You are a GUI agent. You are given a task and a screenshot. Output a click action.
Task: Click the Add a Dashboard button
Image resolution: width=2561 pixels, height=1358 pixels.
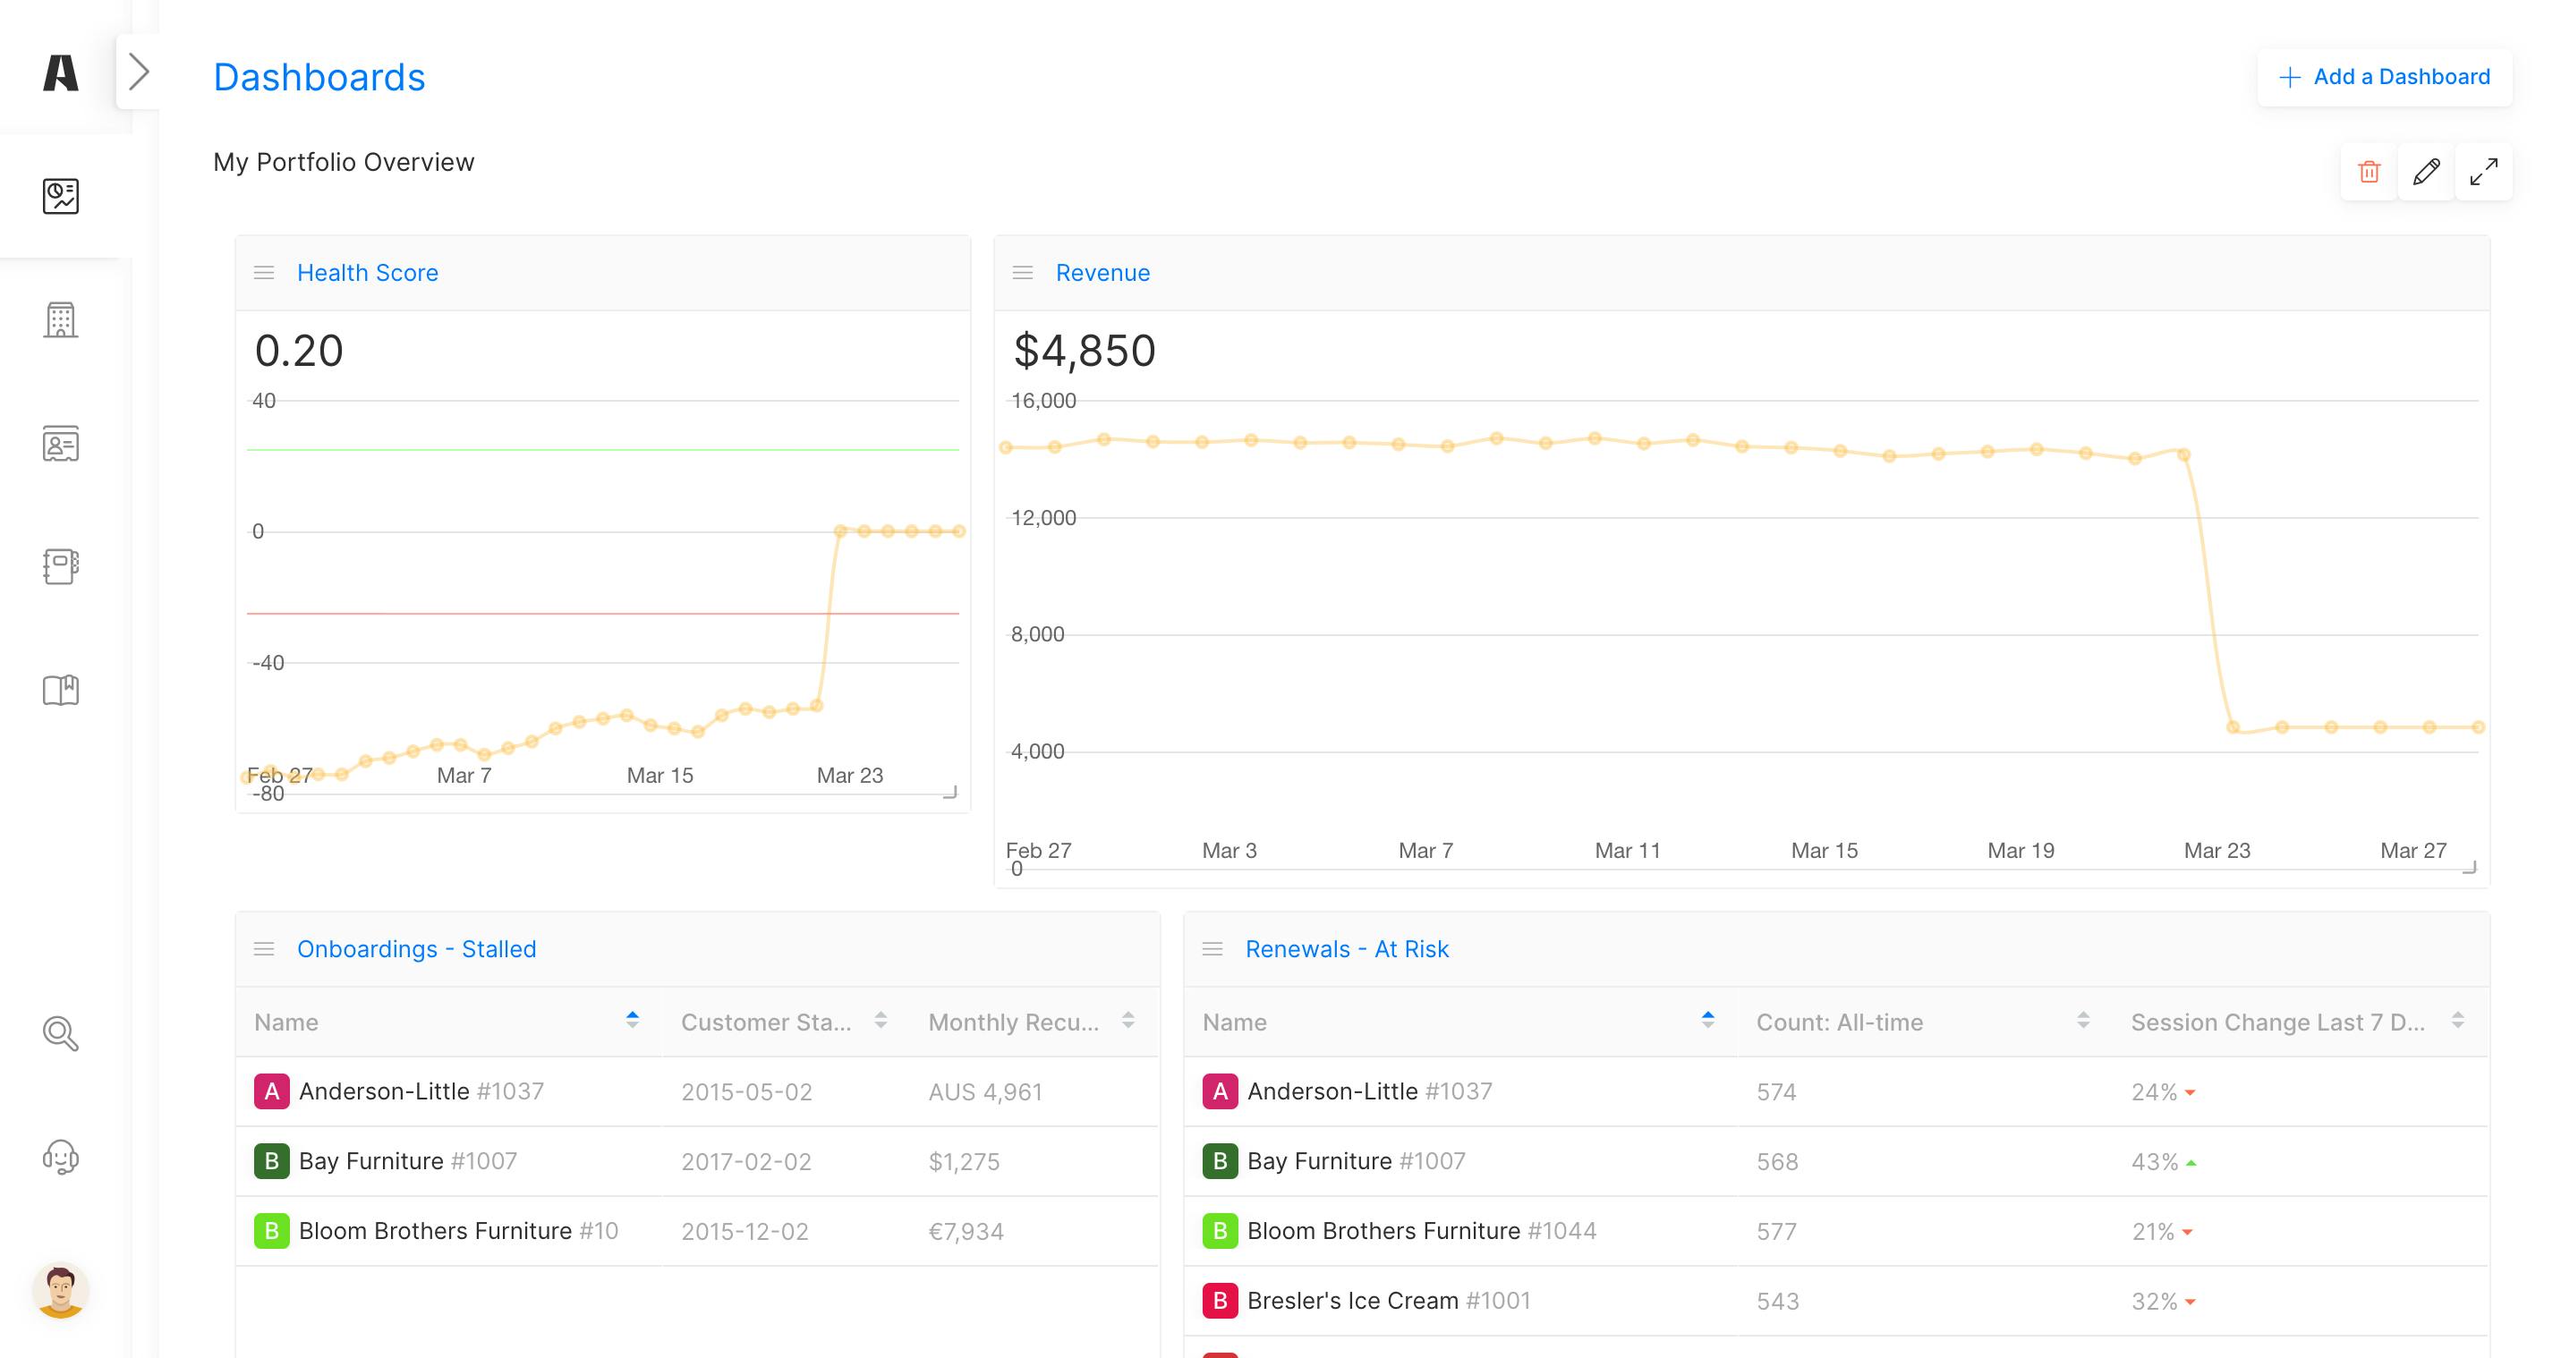[2384, 77]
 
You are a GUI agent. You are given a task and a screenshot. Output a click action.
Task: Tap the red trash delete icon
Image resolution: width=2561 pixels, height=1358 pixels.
[2370, 172]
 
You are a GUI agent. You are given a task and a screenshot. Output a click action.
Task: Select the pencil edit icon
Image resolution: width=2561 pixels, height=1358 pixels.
[2426, 172]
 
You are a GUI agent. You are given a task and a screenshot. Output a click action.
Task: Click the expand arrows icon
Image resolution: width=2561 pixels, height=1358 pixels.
[2483, 172]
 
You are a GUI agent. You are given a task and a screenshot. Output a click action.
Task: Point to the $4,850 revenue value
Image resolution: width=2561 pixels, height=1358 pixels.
[1085, 350]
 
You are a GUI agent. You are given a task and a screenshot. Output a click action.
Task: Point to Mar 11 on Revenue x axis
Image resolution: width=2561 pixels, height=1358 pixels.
[1628, 850]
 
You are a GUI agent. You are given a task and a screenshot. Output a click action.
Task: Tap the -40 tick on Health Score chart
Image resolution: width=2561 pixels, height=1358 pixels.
[268, 662]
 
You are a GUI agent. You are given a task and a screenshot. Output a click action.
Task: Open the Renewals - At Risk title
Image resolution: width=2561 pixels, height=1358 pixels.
[1347, 948]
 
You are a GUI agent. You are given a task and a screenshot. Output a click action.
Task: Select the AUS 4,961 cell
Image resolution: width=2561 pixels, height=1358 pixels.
[985, 1091]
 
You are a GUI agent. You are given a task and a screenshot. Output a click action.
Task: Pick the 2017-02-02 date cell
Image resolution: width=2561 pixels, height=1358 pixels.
[746, 1161]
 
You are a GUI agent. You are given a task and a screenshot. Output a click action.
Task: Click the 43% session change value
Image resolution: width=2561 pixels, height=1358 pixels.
[2155, 1161]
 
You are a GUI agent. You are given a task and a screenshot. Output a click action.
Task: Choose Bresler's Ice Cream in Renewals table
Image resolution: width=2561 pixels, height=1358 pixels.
[1352, 1301]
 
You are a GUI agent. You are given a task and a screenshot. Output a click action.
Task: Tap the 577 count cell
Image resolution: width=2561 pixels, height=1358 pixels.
[1776, 1231]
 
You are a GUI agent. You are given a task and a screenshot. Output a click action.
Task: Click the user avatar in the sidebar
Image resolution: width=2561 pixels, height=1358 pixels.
[61, 1290]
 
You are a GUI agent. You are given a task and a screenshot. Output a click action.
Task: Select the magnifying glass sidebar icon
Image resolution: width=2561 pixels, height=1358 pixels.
[61, 1034]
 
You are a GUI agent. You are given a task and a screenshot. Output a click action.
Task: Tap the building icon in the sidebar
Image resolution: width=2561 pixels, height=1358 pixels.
[61, 320]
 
